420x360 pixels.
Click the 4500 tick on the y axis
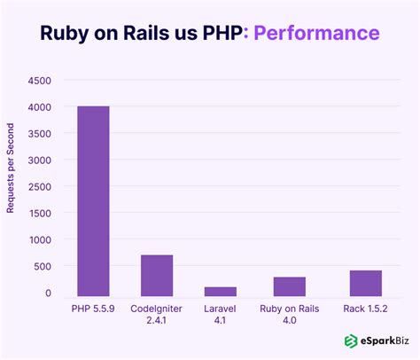(39, 81)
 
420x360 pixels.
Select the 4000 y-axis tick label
(39, 107)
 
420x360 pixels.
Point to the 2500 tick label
(39, 187)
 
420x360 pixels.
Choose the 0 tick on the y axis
(49, 293)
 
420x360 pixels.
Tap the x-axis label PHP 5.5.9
(93, 309)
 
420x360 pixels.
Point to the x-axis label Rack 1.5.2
(365, 309)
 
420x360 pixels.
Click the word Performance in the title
(317, 33)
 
